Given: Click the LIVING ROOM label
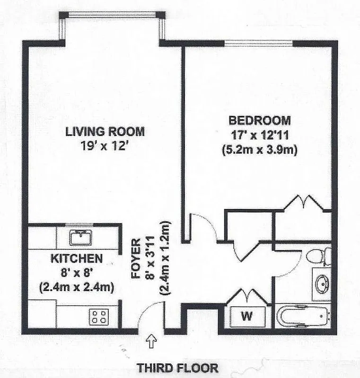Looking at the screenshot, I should [105, 131].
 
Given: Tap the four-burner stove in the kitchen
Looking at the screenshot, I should [98, 316].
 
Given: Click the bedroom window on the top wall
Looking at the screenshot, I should [259, 43].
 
